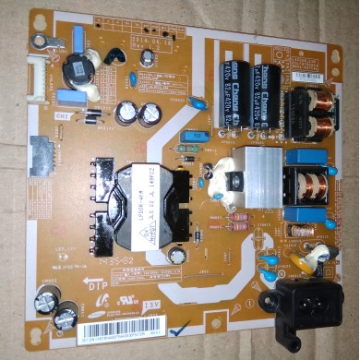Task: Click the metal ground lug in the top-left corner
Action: coord(41,42)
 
